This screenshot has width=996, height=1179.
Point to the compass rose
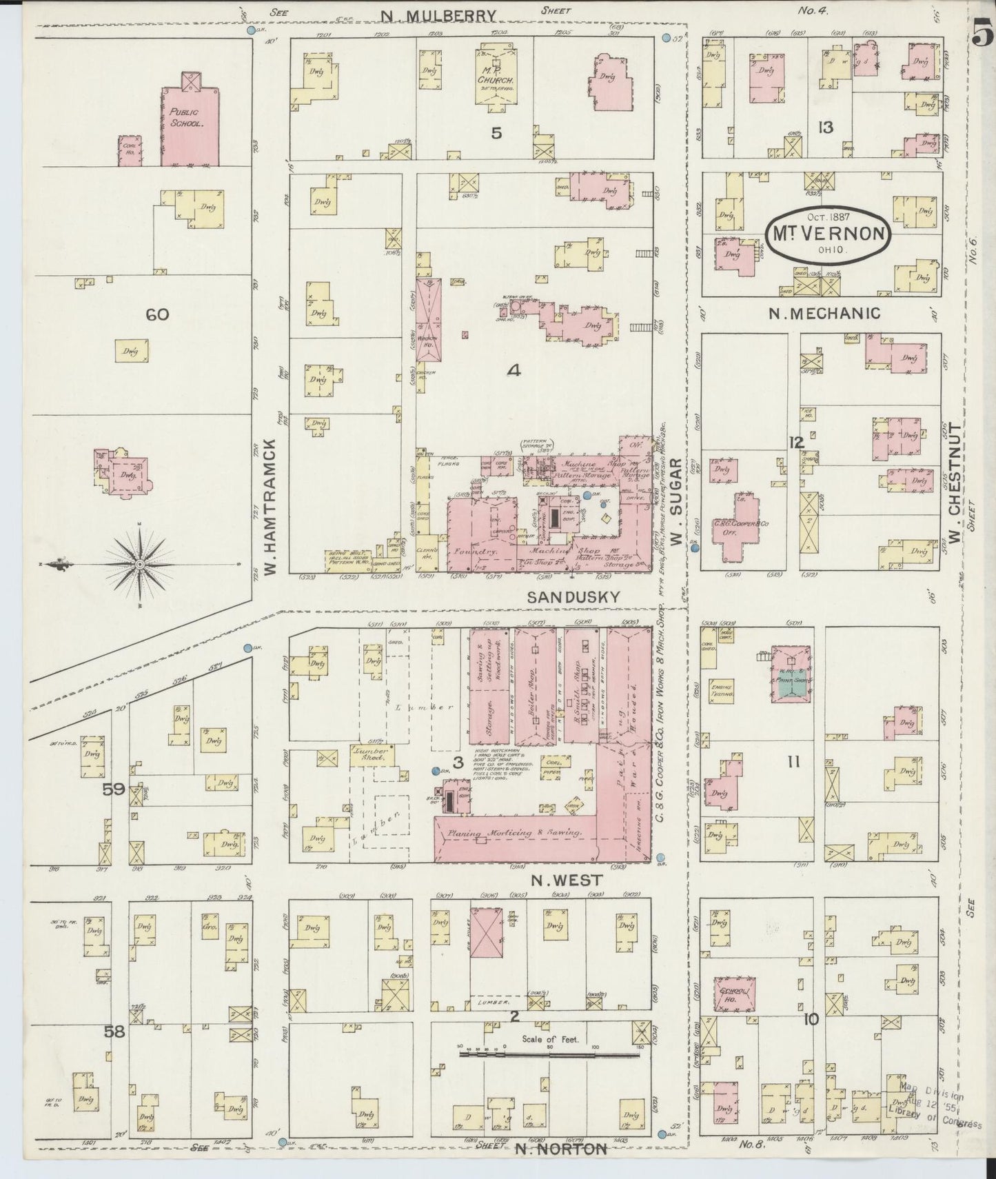pyautogui.click(x=140, y=564)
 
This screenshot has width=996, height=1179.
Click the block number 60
pyautogui.click(x=157, y=315)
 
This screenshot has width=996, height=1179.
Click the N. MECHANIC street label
pyautogui.click(x=824, y=313)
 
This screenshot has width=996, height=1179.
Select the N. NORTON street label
pyautogui.click(x=561, y=1148)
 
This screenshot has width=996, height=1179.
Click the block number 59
pyautogui.click(x=113, y=789)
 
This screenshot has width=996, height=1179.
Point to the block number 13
pyautogui.click(x=825, y=128)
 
